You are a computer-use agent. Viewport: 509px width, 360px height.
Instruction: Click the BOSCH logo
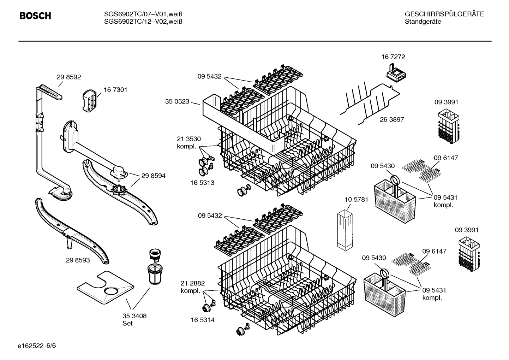pos(35,16)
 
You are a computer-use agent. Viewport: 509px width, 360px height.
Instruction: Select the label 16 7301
pos(115,90)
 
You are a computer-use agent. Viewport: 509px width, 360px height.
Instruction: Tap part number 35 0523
pos(177,102)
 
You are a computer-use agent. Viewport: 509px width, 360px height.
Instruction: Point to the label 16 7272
pos(393,57)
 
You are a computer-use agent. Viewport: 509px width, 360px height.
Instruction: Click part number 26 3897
pos(392,119)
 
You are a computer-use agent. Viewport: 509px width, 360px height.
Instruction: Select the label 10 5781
pos(356,199)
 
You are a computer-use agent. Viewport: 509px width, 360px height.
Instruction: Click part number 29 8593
pos(78,260)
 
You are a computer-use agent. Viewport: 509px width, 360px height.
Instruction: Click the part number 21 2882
pos(192,283)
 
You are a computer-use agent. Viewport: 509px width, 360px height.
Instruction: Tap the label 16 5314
pos(202,320)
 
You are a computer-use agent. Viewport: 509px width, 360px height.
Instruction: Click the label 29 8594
pos(153,176)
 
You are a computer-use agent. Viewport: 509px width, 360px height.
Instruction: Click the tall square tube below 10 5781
pos(345,230)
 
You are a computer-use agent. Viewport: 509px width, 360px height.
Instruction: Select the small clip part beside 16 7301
pos(89,100)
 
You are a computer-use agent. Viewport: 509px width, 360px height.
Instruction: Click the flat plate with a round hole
pos(105,288)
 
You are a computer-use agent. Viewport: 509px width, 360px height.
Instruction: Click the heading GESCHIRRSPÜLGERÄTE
pos(444,14)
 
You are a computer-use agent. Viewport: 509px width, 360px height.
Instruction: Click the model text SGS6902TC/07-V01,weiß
pos(143,14)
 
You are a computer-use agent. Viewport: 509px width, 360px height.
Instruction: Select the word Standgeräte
pos(423,22)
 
